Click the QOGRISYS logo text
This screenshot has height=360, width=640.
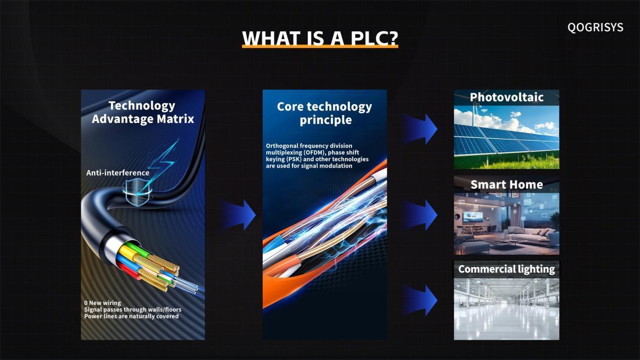[x=595, y=27]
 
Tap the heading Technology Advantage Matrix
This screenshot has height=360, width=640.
[x=143, y=112]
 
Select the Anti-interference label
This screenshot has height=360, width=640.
[x=118, y=173]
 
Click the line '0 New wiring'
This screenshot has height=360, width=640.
[x=102, y=303]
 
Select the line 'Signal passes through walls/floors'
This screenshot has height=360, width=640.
[x=133, y=310]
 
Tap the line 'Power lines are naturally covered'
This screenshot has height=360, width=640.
[x=132, y=316]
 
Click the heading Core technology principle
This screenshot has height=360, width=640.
[x=325, y=113]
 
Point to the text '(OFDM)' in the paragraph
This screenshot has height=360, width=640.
[x=315, y=153]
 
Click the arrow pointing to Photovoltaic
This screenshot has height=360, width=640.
[x=420, y=129]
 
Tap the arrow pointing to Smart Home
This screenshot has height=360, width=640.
[x=420, y=215]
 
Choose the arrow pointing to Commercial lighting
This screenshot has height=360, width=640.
[x=420, y=301]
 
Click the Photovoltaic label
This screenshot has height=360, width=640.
[x=506, y=97]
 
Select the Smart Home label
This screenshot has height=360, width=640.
[x=506, y=185]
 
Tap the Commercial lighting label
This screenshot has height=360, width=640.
[x=506, y=269]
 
